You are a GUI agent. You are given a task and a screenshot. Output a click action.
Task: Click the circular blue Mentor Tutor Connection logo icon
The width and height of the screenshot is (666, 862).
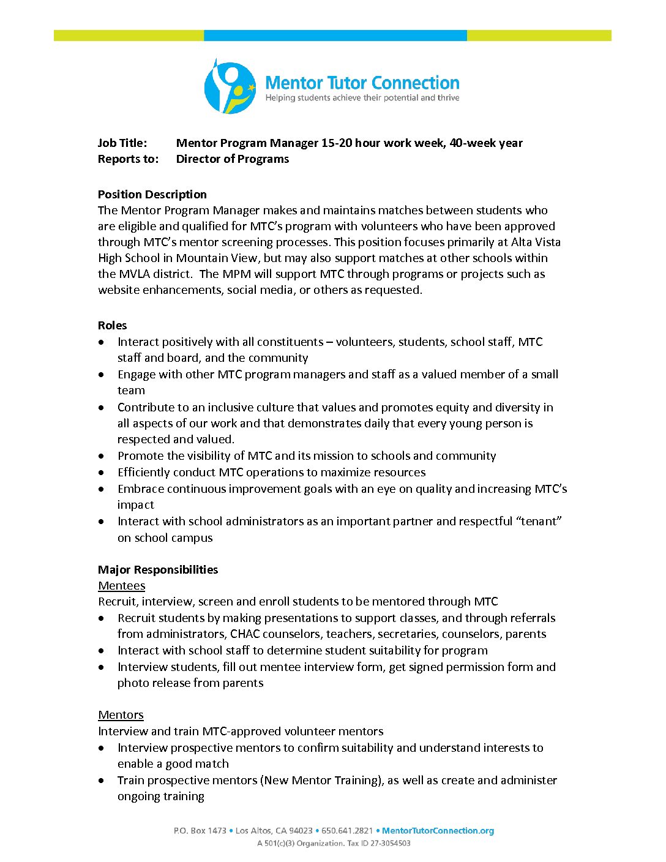click(x=230, y=87)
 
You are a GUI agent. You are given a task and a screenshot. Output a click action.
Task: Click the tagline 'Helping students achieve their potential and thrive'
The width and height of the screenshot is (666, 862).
click(x=362, y=98)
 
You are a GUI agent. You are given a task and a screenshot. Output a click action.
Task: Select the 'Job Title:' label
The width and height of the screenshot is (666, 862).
click(x=122, y=143)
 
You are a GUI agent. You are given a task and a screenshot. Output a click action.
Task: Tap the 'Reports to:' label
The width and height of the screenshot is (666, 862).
click(x=128, y=159)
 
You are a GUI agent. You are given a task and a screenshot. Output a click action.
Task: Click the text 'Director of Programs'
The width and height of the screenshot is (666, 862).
click(x=232, y=159)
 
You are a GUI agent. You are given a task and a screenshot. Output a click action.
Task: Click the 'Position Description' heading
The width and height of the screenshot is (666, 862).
click(x=152, y=195)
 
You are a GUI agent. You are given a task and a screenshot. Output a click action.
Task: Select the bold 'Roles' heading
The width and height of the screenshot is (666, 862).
click(x=112, y=326)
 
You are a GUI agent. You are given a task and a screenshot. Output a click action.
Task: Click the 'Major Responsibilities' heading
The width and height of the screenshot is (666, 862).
click(x=157, y=570)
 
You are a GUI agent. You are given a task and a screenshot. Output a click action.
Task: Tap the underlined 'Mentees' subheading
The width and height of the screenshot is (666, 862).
click(x=121, y=586)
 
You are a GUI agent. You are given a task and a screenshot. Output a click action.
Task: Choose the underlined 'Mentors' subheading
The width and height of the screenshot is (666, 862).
click(x=121, y=715)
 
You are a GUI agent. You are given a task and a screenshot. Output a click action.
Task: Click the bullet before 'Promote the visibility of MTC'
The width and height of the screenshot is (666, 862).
click(x=102, y=456)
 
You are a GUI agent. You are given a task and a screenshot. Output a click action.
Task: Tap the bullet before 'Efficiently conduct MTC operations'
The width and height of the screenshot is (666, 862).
click(x=102, y=473)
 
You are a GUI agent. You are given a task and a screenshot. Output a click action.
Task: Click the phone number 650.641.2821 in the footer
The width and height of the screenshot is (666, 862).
click(x=346, y=831)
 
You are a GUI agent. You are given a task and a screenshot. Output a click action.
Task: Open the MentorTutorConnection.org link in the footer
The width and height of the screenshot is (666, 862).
click(x=438, y=831)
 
